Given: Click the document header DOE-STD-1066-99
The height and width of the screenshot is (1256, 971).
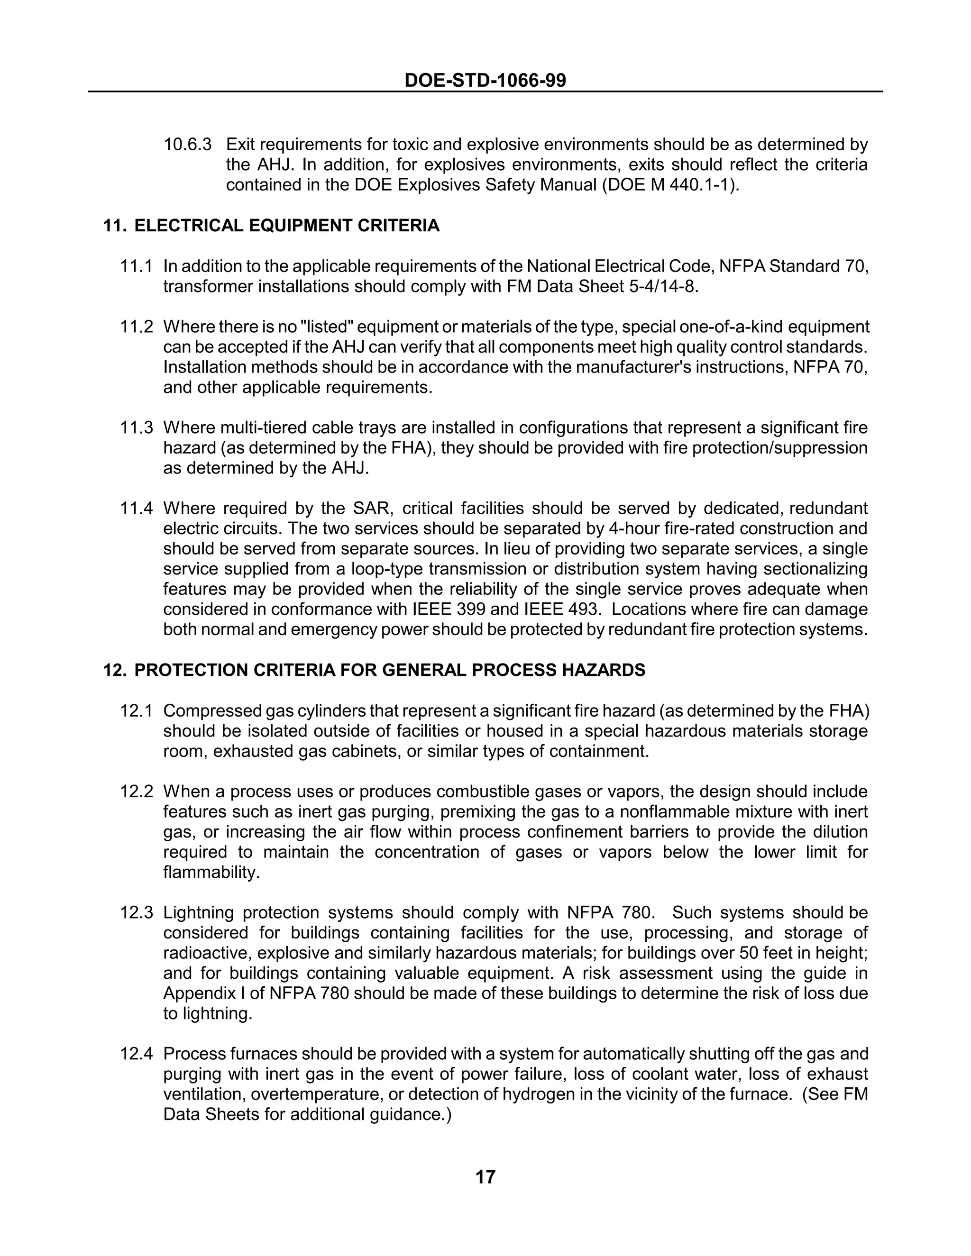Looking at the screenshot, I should coord(485,80).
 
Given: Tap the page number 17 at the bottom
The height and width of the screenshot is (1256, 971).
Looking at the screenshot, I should coord(485,1177).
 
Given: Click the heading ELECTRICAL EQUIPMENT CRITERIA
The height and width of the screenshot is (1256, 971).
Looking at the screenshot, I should coord(286,226).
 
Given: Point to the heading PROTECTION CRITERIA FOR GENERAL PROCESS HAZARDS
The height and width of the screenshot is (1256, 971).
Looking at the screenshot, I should coord(389,670).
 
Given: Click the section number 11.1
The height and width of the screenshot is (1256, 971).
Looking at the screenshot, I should coord(137,266).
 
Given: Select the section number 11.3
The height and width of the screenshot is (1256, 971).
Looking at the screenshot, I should coord(137,428).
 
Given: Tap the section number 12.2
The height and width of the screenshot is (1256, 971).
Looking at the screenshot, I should coord(137,792).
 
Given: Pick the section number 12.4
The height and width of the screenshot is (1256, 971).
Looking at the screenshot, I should coord(137,1054).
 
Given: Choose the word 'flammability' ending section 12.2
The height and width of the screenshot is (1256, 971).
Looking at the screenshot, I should coord(211,873).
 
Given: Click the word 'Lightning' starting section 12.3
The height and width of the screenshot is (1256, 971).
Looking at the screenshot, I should coord(197,913).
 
